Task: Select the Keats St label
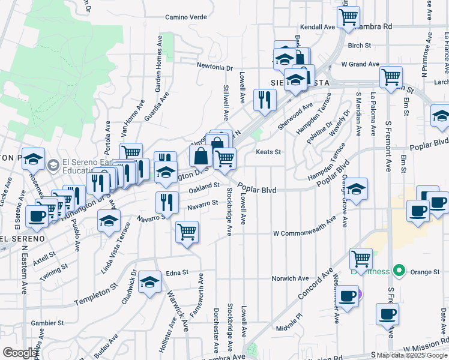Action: click(268, 152)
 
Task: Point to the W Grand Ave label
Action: click(360, 64)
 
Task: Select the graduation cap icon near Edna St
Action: click(149, 283)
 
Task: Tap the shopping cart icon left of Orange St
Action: click(361, 259)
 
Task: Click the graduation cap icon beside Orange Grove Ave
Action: click(357, 189)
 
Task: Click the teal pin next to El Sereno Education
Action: click(53, 164)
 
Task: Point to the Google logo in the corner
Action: click(20, 353)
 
